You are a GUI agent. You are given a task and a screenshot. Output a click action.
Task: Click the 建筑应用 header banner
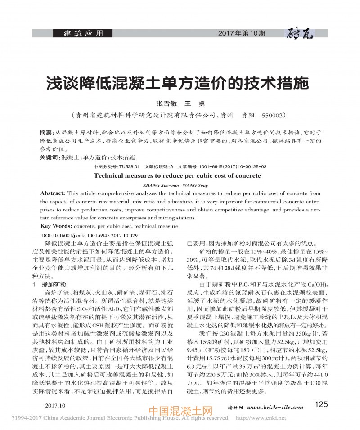[x=83, y=33]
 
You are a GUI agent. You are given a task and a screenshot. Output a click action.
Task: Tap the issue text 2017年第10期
[x=241, y=33]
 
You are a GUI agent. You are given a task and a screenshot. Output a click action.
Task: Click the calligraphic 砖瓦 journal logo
[x=300, y=33]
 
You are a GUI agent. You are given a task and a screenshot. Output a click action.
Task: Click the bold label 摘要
[x=46, y=133]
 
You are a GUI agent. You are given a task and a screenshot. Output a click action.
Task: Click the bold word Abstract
[x=53, y=193]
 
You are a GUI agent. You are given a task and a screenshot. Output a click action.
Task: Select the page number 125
[x=322, y=404]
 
